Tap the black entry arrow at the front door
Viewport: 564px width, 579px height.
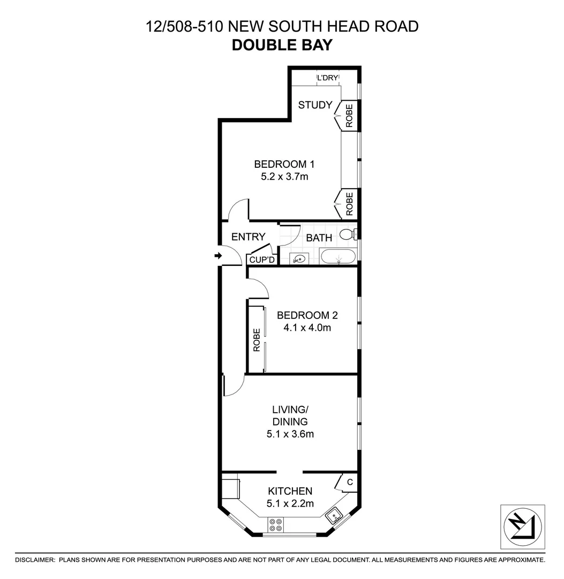(x=218, y=256)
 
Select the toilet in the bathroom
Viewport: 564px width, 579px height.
(x=349, y=234)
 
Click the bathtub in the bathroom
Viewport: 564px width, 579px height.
(x=337, y=256)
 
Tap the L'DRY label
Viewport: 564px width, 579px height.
(x=328, y=78)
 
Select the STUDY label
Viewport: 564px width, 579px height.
(x=315, y=105)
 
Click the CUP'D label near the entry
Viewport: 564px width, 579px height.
(x=262, y=260)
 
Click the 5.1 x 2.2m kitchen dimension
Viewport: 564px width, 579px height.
(x=290, y=503)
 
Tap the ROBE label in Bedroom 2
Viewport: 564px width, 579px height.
(x=257, y=339)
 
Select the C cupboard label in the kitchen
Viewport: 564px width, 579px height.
(x=349, y=482)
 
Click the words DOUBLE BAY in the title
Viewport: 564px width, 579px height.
(x=282, y=44)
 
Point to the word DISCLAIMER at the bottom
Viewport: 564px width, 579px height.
(x=35, y=560)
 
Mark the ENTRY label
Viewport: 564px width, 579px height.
(x=248, y=237)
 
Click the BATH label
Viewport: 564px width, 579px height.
(x=319, y=237)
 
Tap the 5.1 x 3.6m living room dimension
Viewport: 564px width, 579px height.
(x=290, y=434)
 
